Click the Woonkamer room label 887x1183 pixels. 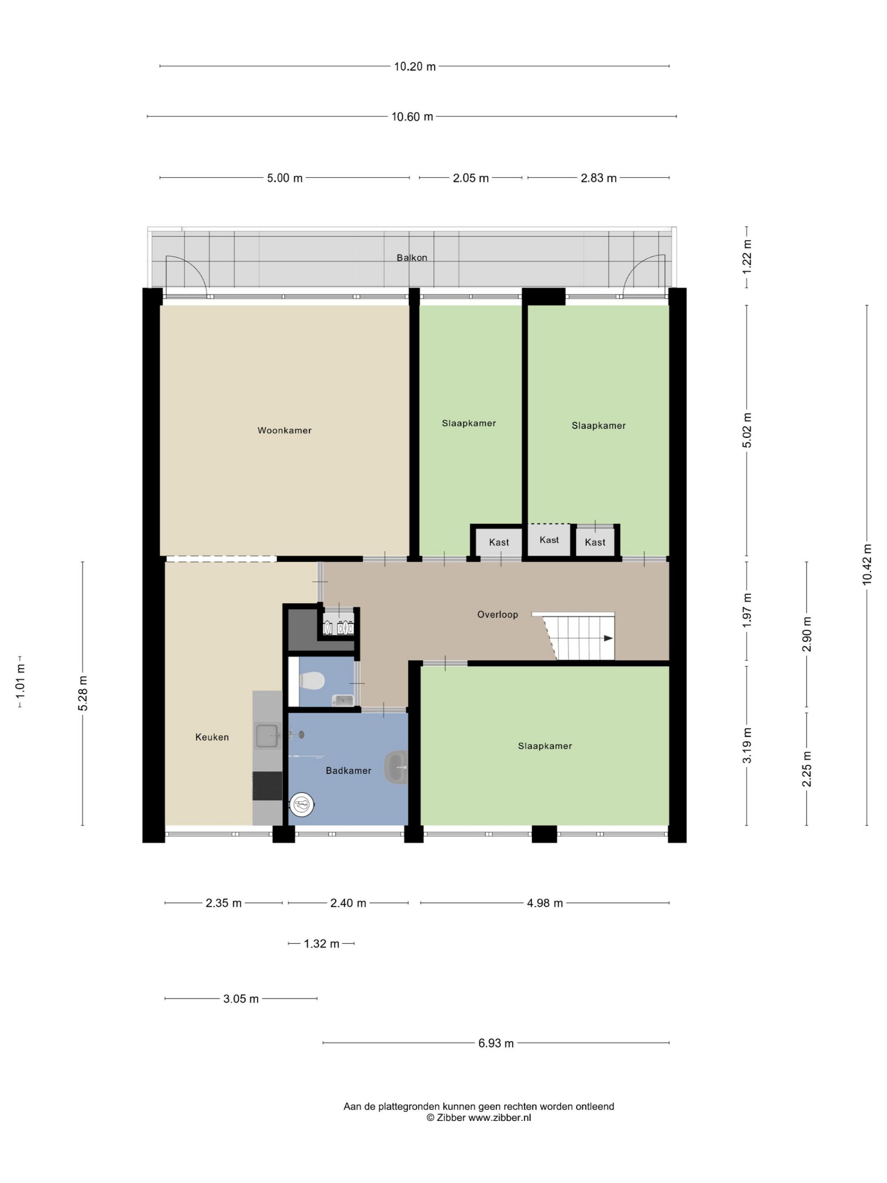pos(284,431)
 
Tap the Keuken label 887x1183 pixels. pos(212,737)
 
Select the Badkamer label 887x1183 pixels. pos(349,770)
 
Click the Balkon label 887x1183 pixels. pos(412,258)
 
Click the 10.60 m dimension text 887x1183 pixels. pos(412,117)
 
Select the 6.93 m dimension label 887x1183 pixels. pos(496,1043)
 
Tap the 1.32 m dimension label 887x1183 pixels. pos(322,944)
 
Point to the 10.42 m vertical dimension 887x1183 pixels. pos(867,564)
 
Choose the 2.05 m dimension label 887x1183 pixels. pos(471,178)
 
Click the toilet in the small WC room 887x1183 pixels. pos(312,681)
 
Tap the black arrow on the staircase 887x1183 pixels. pos(608,638)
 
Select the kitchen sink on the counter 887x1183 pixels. pos(267,735)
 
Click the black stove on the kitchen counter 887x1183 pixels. pos(267,786)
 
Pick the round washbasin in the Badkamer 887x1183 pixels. pos(396,767)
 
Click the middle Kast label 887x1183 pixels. pos(549,540)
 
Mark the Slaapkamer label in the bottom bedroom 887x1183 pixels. pos(545,746)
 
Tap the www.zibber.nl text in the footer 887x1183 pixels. pos(500,1118)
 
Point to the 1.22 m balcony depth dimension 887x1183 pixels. pos(747,257)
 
